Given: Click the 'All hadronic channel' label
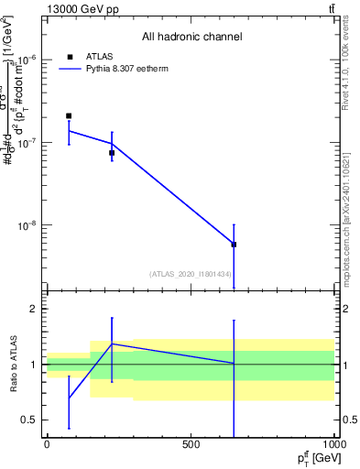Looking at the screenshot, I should tap(191, 37).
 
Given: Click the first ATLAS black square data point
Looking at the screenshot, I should tap(69, 116).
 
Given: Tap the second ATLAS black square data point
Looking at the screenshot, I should tap(112, 153).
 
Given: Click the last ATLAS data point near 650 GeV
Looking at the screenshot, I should tap(235, 245).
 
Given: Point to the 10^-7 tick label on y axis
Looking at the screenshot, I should tap(25, 143).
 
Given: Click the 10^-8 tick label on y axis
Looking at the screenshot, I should tap(25, 225).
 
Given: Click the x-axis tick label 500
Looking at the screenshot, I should tap(191, 444).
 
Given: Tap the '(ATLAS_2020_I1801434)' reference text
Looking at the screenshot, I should tap(190, 274).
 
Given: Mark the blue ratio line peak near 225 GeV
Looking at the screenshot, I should tap(112, 344).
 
